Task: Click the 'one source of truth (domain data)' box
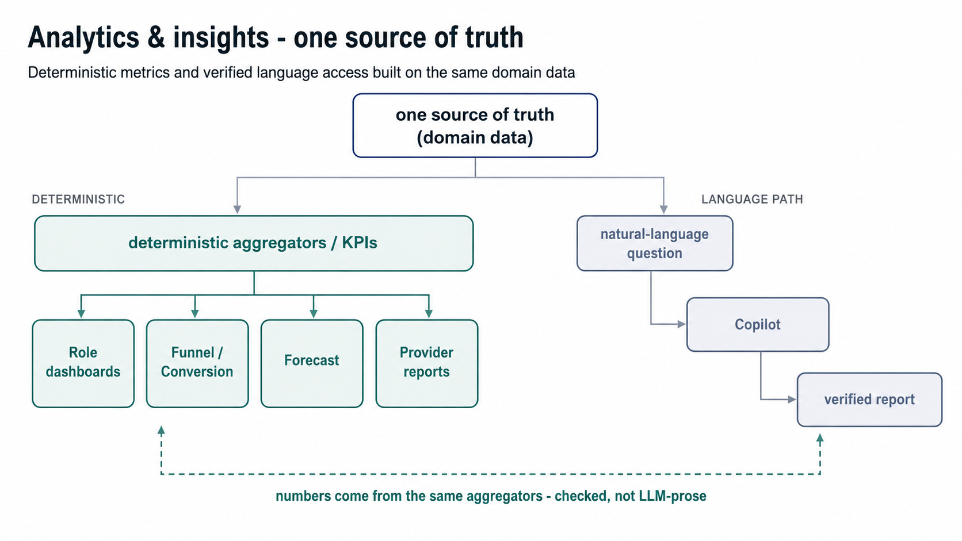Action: pyautogui.click(x=475, y=126)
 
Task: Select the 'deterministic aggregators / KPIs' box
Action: pyautogui.click(x=254, y=243)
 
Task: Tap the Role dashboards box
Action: pyautogui.click(x=83, y=363)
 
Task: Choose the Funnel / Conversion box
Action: pyautogui.click(x=197, y=363)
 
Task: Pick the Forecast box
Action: pyautogui.click(x=312, y=363)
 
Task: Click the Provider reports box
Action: pyautogui.click(x=427, y=363)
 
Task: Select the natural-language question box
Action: pyautogui.click(x=655, y=243)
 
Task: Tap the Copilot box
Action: pyautogui.click(x=758, y=325)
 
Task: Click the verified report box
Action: pyautogui.click(x=870, y=400)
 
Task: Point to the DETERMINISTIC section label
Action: pyautogui.click(x=78, y=199)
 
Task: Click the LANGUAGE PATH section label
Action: pyautogui.click(x=752, y=199)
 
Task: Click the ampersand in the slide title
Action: pyautogui.click(x=156, y=37)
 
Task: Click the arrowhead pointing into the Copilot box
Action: pyautogui.click(x=682, y=324)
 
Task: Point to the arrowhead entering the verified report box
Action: pyautogui.click(x=792, y=400)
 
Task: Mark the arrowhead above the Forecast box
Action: pyautogui.click(x=314, y=313)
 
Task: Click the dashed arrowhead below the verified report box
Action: pyautogui.click(x=820, y=438)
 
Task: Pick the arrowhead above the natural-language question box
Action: pyautogui.click(x=664, y=209)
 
